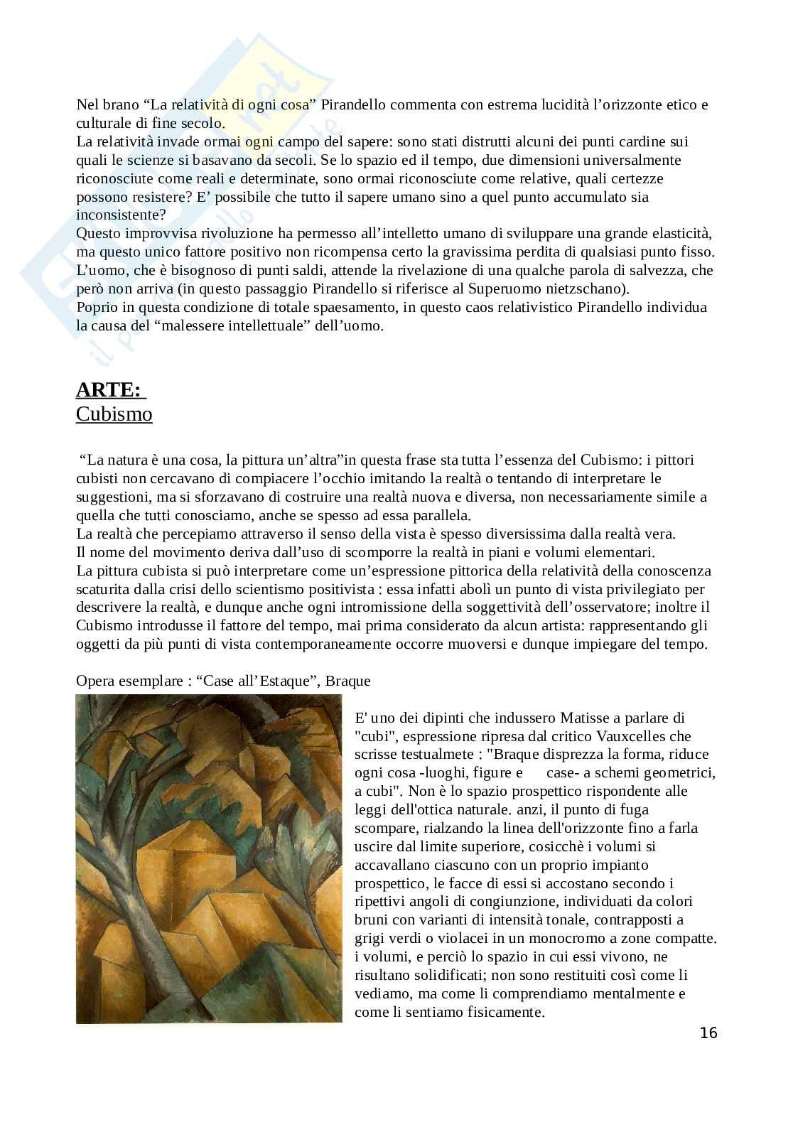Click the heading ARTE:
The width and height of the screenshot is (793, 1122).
point(109,390)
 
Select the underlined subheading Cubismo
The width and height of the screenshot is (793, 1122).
point(114,414)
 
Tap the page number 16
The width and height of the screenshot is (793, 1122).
point(708,1033)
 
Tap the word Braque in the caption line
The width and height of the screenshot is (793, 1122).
point(348,681)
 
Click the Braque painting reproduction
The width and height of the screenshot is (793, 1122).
point(209,859)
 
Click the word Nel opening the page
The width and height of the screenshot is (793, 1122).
point(87,105)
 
